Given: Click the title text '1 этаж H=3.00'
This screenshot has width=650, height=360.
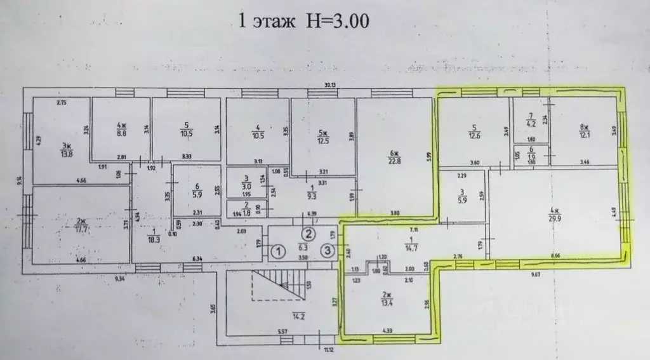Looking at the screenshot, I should tap(303, 20).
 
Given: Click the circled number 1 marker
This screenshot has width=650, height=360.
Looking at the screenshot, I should tap(278, 252).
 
